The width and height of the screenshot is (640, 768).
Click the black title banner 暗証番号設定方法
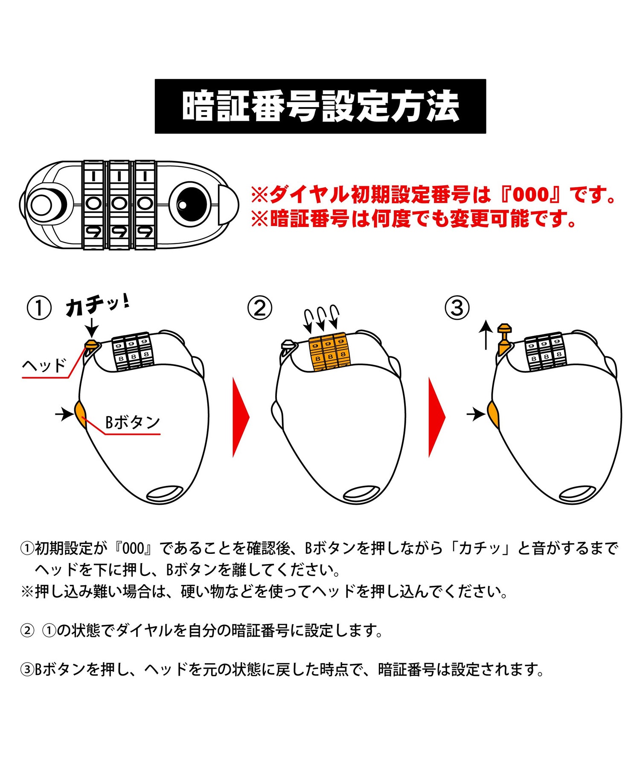[x=320, y=106]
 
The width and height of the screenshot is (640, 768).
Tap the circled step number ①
[x=39, y=308]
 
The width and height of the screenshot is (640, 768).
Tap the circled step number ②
[x=259, y=308]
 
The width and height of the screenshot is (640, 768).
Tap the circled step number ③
[x=457, y=308]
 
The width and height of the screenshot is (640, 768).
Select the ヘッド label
[x=44, y=366]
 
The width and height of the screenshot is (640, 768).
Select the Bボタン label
[x=132, y=422]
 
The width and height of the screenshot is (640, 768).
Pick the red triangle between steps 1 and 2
[x=240, y=417]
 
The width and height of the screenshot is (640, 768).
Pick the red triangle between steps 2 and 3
[x=436, y=417]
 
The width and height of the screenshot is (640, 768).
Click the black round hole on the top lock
[x=191, y=204]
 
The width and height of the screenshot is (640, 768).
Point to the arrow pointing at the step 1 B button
[x=64, y=413]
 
